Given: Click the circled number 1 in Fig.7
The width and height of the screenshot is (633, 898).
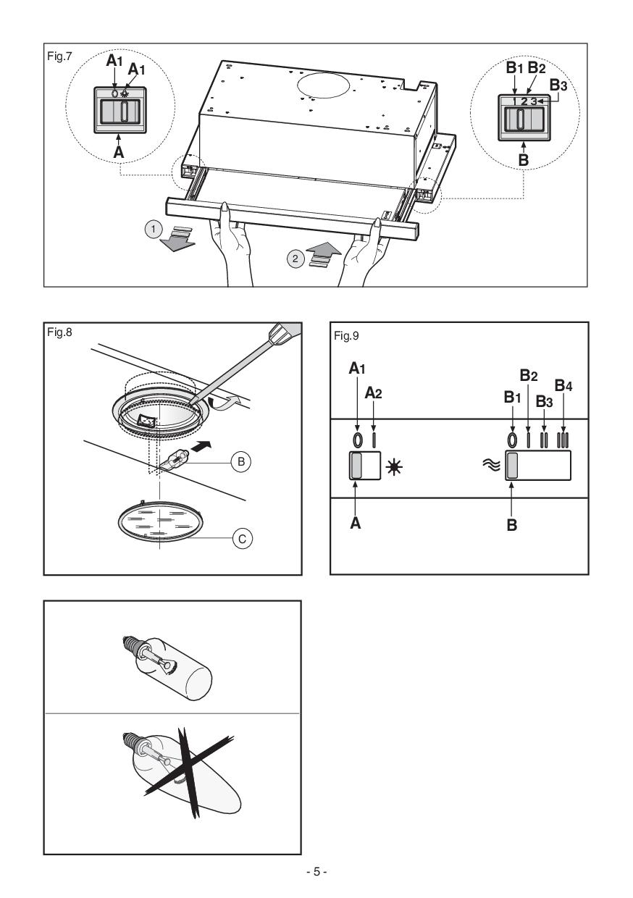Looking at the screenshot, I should [153, 230].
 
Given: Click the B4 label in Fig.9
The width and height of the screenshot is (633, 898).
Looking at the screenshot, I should [563, 386].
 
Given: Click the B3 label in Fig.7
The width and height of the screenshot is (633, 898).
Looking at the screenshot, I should [558, 84].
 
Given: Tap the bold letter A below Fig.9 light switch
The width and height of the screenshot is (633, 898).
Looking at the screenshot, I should [356, 523].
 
